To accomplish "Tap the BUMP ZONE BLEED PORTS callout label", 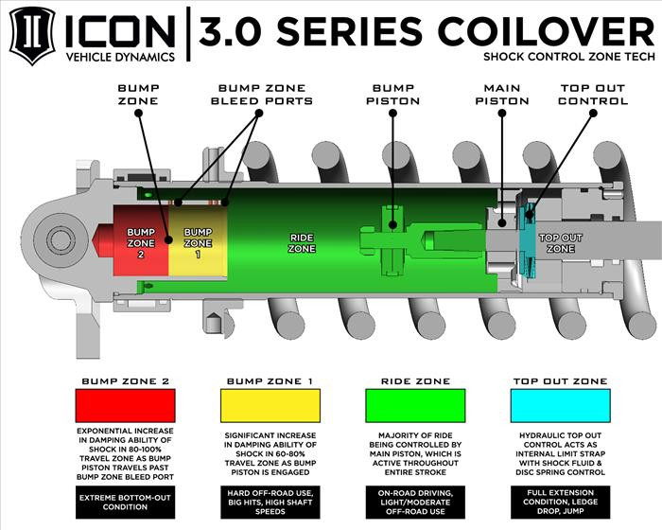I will (261, 94).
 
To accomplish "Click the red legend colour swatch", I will (125, 406).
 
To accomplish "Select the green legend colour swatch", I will (414, 406).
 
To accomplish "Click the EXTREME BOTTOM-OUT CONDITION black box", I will (125, 503).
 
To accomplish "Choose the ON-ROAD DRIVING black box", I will (414, 503).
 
